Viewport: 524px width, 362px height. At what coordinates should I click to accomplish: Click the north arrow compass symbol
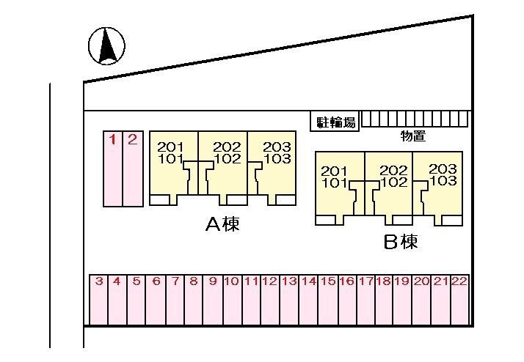[x=106, y=46]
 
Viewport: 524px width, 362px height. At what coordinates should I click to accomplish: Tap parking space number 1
[x=113, y=169]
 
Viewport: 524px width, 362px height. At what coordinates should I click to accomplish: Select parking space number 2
[x=133, y=169]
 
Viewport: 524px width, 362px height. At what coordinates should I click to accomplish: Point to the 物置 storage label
[x=413, y=136]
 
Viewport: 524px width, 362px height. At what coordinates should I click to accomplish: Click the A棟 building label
[x=222, y=224]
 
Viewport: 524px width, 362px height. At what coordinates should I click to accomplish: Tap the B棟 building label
[x=401, y=242]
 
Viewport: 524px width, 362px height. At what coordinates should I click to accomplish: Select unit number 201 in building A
[x=170, y=147]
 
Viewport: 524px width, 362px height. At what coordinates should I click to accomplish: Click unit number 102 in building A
[x=228, y=159]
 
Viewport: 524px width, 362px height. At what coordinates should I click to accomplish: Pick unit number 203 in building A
[x=277, y=147]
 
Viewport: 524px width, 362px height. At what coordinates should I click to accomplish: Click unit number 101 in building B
[x=335, y=182]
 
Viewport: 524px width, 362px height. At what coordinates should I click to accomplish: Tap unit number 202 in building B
[x=393, y=171]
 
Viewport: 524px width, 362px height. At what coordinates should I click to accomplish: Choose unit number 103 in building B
[x=443, y=180]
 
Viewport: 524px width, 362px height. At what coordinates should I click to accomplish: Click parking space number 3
[x=98, y=300]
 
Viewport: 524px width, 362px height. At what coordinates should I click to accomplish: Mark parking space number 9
[x=213, y=300]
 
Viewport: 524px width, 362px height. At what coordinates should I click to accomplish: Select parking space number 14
[x=308, y=300]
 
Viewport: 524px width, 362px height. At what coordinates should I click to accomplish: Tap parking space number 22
[x=459, y=300]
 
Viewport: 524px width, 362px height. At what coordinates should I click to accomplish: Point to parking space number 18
[x=384, y=300]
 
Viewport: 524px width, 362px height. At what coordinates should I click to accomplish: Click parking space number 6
[x=156, y=300]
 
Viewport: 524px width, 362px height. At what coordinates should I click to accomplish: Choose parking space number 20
[x=421, y=300]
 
